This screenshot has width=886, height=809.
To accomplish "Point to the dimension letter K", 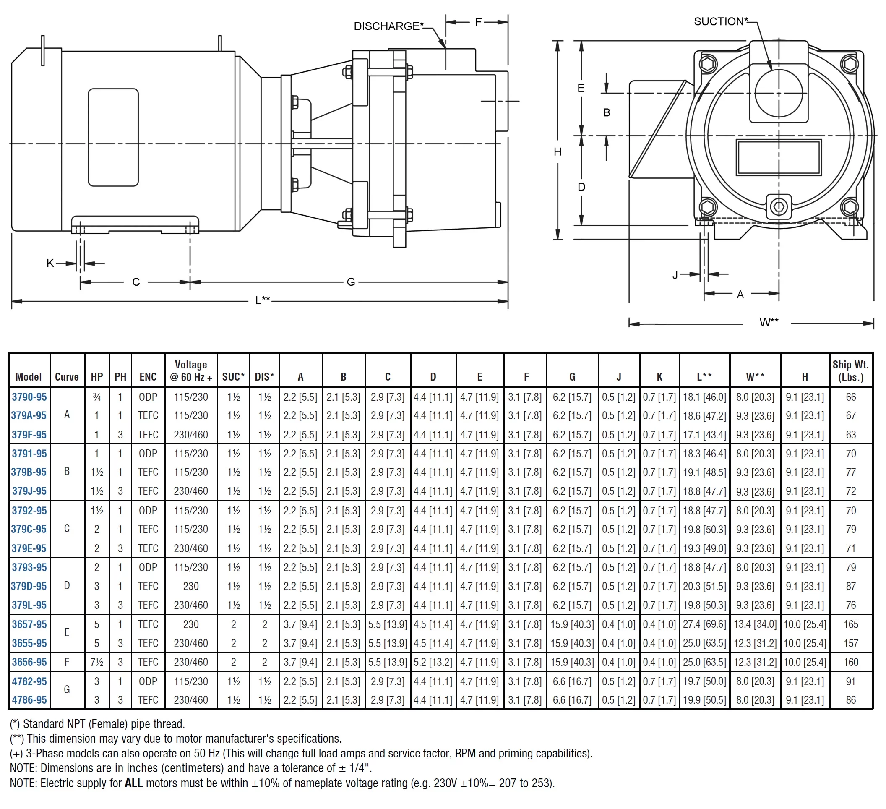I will (x=50, y=264).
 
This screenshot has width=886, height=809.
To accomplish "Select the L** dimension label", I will (x=263, y=300).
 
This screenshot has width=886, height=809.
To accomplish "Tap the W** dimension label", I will (x=769, y=322).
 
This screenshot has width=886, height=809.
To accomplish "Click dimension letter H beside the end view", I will (x=558, y=152).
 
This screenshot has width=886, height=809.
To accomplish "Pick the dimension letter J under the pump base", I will (x=675, y=275).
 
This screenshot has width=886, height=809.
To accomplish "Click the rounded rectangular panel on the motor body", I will (x=113, y=137).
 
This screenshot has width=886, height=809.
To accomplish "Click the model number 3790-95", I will (x=29, y=397).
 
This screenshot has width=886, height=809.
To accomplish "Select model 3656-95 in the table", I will (x=29, y=662).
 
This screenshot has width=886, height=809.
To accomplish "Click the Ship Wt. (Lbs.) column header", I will (x=850, y=371).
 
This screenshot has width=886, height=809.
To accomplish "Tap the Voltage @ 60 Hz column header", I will (x=191, y=371).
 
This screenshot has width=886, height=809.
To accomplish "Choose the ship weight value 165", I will (x=850, y=624).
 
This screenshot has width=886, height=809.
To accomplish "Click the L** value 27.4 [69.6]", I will (x=704, y=624).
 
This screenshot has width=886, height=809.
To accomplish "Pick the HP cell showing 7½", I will (x=96, y=662).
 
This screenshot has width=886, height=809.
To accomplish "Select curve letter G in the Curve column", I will (x=67, y=689).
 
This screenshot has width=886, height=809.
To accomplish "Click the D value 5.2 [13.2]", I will (x=433, y=662).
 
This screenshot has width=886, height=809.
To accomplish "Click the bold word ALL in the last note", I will (x=133, y=783).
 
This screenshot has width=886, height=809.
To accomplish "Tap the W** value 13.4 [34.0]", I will (x=755, y=624).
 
